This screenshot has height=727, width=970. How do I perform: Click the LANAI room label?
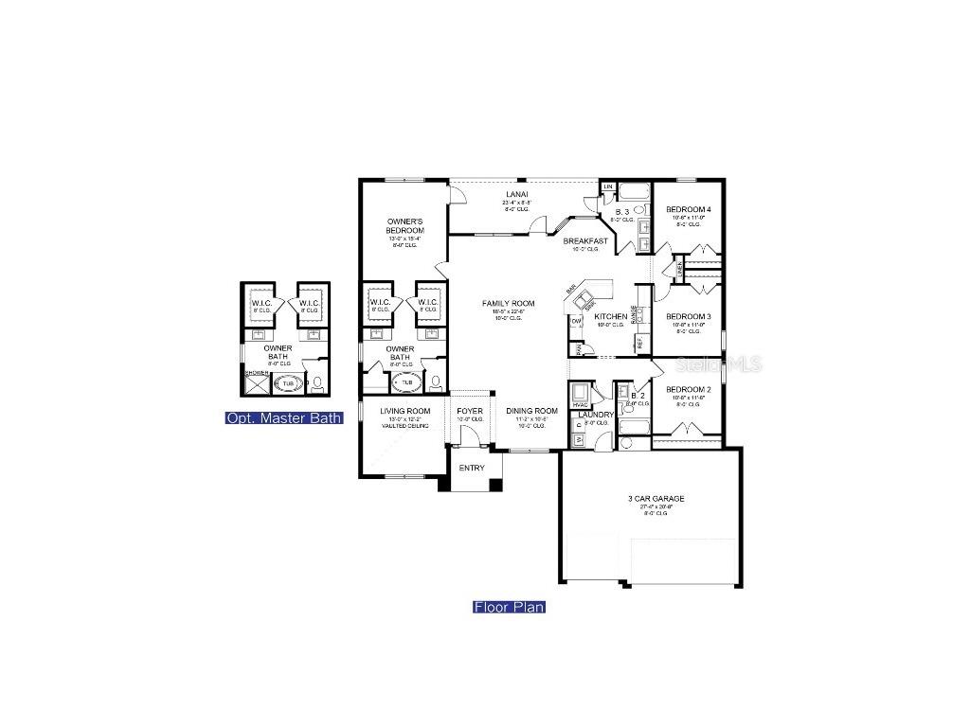click(516, 194)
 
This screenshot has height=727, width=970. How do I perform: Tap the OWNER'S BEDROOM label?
click(404, 226)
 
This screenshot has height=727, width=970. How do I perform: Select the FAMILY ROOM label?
click(508, 304)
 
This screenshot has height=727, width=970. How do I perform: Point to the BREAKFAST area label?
click(585, 241)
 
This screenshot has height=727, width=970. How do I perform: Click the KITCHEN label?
click(610, 316)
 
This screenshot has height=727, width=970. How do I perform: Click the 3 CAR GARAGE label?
click(656, 499)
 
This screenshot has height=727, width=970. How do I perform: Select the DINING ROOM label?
click(525, 411)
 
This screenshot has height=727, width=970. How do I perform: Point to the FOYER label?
click(470, 411)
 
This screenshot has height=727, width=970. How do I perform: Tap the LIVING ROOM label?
click(405, 411)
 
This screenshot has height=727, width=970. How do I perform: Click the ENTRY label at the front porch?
click(472, 468)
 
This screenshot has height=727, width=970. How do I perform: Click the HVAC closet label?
click(581, 405)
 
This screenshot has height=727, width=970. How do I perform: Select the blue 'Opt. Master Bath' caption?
click(284, 417)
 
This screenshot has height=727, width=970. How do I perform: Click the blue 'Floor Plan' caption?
click(509, 607)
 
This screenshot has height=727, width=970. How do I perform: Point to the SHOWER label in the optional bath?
click(257, 373)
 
